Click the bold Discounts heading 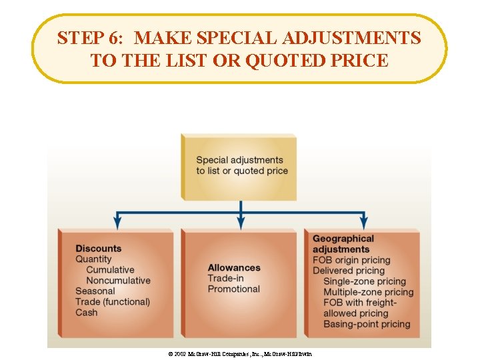coord(99,249)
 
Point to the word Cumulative coord(110,270)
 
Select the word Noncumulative coord(118,281)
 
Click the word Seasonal coord(95,291)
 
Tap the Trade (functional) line coord(113,302)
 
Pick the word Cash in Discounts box coord(87,313)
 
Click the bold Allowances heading coord(234,268)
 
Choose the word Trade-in coord(225,279)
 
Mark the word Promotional coord(233,289)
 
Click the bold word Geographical coord(343,239)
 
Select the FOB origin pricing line coord(351,260)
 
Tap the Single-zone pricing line coord(364,281)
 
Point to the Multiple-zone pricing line coord(368,292)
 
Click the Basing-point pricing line coord(367,324)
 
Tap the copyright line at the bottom coord(240,353)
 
